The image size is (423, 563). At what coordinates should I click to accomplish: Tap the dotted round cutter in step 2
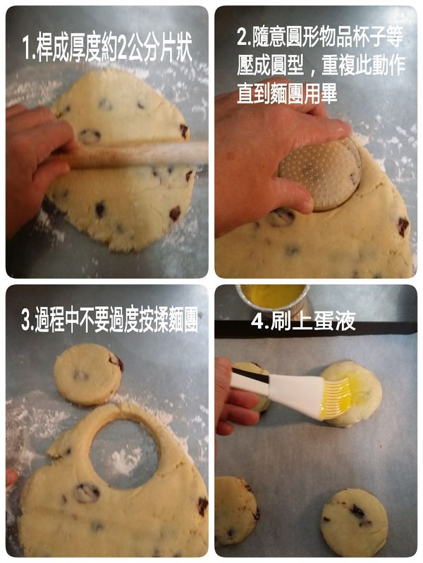[321, 173]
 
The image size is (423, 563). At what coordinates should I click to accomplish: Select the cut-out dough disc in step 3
[87, 374]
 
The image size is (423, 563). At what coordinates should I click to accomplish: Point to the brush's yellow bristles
[336, 398]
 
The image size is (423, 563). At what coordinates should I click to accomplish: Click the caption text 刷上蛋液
[303, 322]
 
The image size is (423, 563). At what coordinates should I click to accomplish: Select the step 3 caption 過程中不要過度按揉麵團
[109, 322]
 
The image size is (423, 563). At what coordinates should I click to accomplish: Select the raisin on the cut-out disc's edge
[116, 362]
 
